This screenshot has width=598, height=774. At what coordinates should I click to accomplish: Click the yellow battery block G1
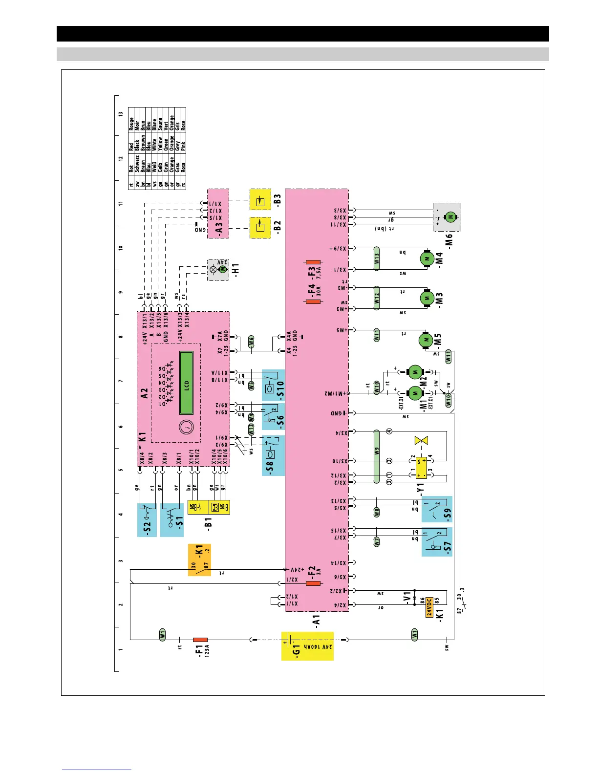pyautogui.click(x=307, y=646)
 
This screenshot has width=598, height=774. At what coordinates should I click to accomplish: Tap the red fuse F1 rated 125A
pyautogui.click(x=200, y=639)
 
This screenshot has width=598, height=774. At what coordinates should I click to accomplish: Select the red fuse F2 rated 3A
pyautogui.click(x=313, y=583)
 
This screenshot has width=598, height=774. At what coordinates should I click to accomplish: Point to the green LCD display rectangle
pyautogui.click(x=187, y=383)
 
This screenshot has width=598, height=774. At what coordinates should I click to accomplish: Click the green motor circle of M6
pyautogui.click(x=450, y=217)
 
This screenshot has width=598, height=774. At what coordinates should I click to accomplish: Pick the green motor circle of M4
pyautogui.click(x=427, y=258)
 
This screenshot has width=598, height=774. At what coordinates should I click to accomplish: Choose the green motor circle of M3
pyautogui.click(x=427, y=298)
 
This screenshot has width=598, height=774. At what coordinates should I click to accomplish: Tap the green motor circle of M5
pyautogui.click(x=426, y=339)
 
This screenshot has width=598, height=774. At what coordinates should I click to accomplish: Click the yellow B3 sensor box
pyautogui.click(x=260, y=200)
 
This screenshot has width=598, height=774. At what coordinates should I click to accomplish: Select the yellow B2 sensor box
pyautogui.click(x=260, y=227)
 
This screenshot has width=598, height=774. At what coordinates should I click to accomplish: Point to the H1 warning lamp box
pyautogui.click(x=218, y=269)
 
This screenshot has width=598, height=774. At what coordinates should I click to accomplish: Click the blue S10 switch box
pyautogui.click(x=273, y=385)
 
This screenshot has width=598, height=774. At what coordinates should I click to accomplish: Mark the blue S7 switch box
pyautogui.click(x=437, y=541)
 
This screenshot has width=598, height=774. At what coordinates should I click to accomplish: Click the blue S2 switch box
pyautogui.click(x=147, y=520)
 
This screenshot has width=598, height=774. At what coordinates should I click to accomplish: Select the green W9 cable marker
pyautogui.click(x=376, y=456)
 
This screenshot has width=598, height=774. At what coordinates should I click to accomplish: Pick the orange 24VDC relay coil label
pyautogui.click(x=429, y=607)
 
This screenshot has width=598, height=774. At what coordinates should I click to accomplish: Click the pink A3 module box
pyautogui.click(x=218, y=214)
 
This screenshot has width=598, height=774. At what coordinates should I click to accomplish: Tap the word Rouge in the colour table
pyautogui.click(x=131, y=123)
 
